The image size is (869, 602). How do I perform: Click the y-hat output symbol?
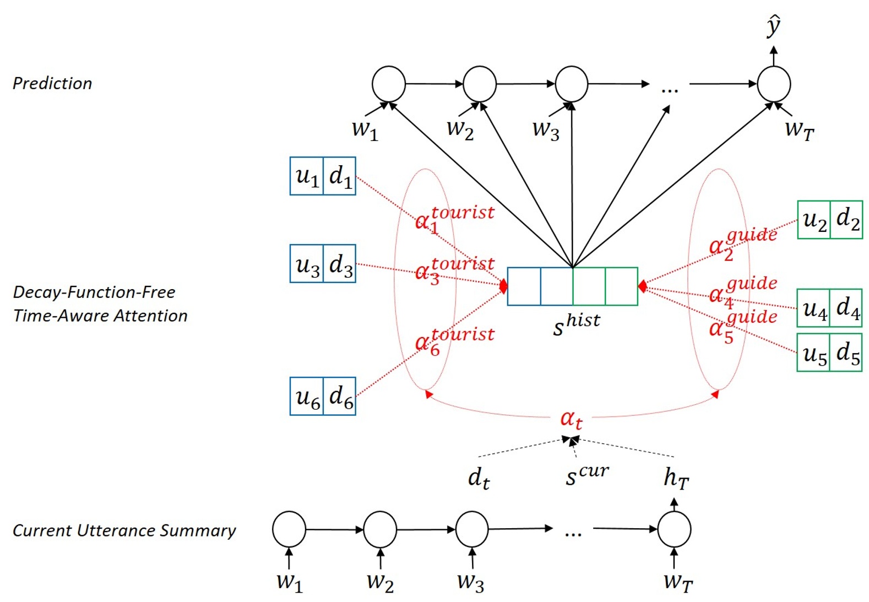coord(774,26)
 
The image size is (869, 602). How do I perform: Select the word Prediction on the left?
coord(52,83)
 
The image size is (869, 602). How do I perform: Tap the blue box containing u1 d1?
coord(323,176)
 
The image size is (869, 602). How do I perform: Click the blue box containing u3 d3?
coord(323,264)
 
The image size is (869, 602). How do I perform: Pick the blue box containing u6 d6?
coord(323,397)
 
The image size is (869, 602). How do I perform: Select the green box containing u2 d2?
coord(830,220)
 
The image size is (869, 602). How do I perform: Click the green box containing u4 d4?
coord(830,308)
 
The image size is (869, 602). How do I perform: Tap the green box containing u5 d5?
coord(829,352)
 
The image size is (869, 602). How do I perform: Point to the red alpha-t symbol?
coord(571,419)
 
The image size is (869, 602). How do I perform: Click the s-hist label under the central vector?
coord(576,324)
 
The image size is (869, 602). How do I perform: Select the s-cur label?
coord(587,475)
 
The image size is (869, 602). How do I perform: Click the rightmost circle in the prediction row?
coord(774,84)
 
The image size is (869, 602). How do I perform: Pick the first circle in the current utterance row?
coord(289,529)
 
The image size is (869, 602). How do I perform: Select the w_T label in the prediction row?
coord(799,130)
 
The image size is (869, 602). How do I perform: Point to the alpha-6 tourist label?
coord(454,340)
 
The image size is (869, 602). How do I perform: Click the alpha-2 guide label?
coord(742,242)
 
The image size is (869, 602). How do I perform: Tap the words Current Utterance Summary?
coord(124,530)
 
